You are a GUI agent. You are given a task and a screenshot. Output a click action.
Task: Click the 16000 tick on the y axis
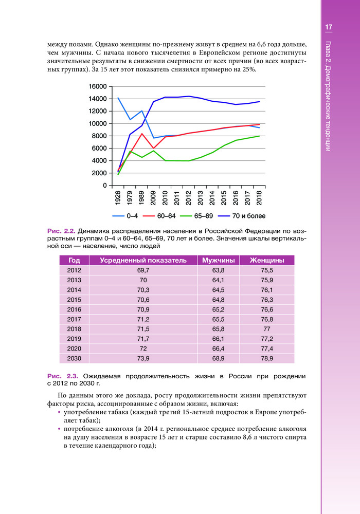click(98, 86)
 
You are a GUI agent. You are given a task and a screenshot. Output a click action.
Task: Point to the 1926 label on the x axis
click(118, 197)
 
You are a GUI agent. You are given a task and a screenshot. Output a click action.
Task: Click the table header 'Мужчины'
click(219, 261)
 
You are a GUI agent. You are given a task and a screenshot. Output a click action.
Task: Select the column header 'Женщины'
click(267, 261)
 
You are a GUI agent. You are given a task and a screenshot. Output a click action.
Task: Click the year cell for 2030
click(74, 358)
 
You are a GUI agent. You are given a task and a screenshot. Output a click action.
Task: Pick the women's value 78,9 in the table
click(267, 358)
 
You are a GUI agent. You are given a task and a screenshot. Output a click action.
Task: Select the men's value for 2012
click(219, 270)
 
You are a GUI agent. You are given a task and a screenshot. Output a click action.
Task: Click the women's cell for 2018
click(267, 329)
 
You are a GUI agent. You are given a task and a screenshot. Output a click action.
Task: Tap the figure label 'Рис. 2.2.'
click(61, 231)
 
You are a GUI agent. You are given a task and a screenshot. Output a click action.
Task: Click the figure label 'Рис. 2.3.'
click(61, 376)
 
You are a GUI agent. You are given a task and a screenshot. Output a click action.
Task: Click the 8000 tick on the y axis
click(100, 136)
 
